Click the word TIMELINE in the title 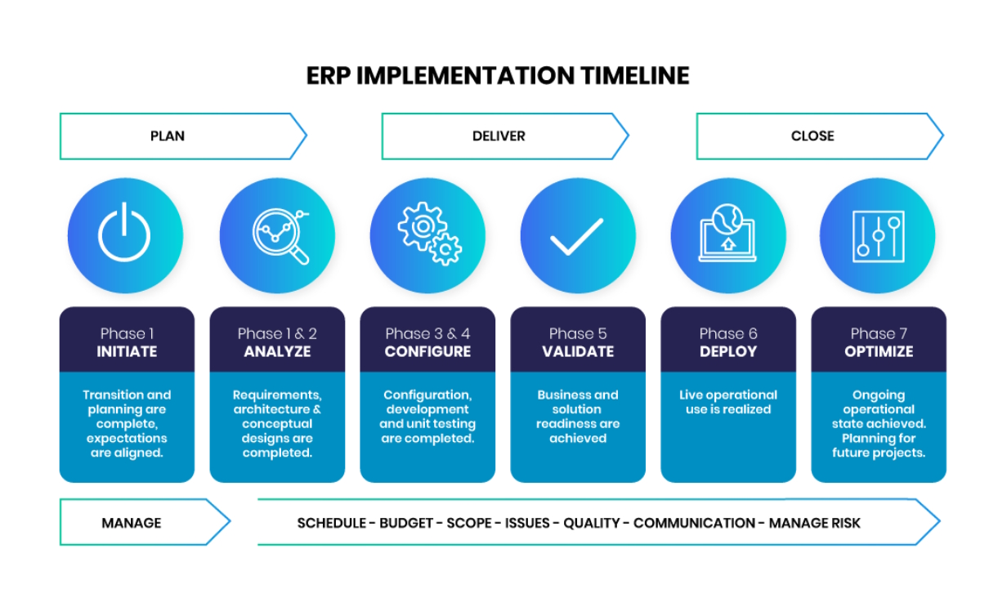[x=634, y=75]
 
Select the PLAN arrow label [x=168, y=136]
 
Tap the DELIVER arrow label [x=499, y=136]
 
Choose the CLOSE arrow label [x=812, y=136]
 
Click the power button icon [x=124, y=232]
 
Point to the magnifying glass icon [x=281, y=236]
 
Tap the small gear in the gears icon [x=446, y=250]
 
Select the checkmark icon [x=576, y=237]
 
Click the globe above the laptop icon [x=727, y=218]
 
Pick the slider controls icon [x=879, y=236]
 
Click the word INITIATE [x=127, y=351]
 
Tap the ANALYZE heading [x=277, y=351]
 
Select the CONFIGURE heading [x=427, y=351]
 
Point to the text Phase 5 [x=578, y=333]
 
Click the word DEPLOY [x=728, y=351]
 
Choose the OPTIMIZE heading [x=879, y=351]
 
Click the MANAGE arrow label [x=131, y=523]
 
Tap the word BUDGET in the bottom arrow [x=405, y=523]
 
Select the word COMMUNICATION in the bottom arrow [x=694, y=523]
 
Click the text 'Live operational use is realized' [x=728, y=402]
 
